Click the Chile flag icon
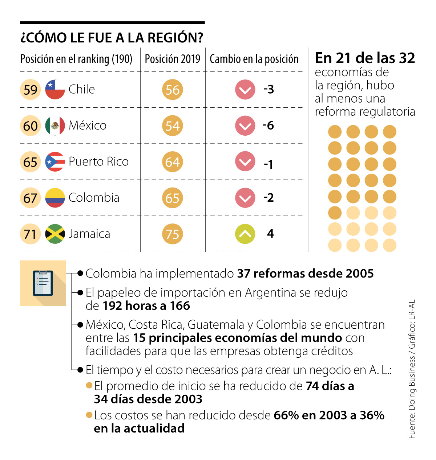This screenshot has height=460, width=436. point(55,90)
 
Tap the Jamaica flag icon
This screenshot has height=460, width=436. point(55,234)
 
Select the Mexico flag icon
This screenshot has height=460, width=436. point(55,126)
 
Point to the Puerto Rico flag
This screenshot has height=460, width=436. point(55,162)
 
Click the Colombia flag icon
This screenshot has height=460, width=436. point(55,198)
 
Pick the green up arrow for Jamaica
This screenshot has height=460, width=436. point(245,234)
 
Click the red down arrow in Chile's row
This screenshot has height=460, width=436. point(245,90)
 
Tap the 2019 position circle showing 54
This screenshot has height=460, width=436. point(173,126)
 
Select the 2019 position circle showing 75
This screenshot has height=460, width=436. point(173,234)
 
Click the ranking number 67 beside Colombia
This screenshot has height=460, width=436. point(30,198)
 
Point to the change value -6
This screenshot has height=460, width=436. point(269,126)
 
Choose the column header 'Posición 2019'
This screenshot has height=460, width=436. point(173,59)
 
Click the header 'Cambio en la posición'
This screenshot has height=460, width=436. point(254,59)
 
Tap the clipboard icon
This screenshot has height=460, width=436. point(43,283)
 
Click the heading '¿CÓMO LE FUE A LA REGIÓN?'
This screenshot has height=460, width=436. point(112,38)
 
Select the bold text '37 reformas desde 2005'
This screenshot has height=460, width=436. point(305,274)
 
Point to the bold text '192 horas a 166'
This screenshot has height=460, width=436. point(146,306)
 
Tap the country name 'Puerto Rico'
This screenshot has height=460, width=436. point(98,162)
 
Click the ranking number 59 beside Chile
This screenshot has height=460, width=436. point(30,90)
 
